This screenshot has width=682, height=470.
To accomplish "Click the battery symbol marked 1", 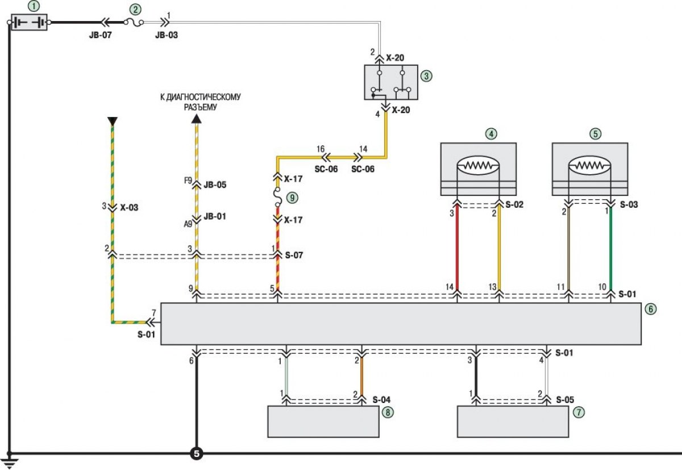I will pos(30,23).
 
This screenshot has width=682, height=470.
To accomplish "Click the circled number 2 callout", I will pos(135,9).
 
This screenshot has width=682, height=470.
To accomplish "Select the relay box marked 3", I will pos(390,82).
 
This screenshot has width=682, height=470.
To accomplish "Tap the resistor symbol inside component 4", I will pos(478,166).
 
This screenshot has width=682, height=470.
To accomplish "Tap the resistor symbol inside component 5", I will pos(590,166).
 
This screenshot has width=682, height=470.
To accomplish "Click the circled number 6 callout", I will pos(651,309).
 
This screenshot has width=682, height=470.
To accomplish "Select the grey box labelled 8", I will pos(323,422).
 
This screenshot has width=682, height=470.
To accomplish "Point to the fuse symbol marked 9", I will pos(277,198).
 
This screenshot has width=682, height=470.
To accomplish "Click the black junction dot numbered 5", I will pos(196,454).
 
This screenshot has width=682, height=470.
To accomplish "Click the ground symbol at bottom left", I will pos(9,461).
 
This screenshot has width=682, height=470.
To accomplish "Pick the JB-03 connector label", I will pos(166,34).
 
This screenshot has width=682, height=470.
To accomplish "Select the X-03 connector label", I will pos(129,207).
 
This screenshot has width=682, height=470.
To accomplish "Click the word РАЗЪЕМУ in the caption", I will pos(201,107).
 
